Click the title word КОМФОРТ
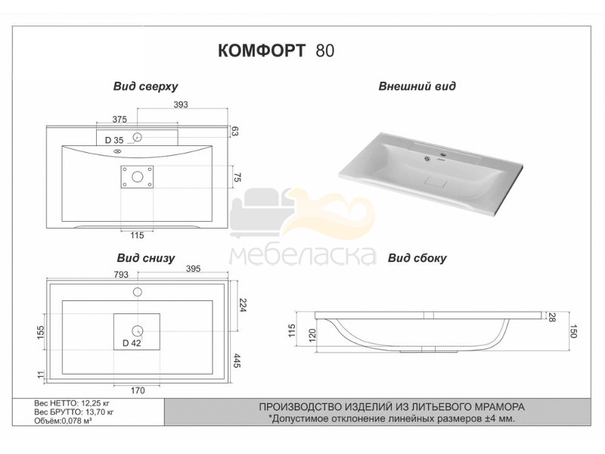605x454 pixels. tap(262, 51)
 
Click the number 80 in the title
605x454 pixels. tap(325, 51)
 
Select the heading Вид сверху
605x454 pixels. tap(145, 86)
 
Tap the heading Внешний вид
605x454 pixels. tap(417, 86)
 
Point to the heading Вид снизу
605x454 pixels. tap(146, 258)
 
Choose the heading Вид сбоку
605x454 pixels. tap(417, 258)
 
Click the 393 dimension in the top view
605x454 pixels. tap(181, 104)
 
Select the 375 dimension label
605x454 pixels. tap(119, 120)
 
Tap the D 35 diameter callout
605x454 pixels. tap(114, 140)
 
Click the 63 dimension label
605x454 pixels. tap(234, 131)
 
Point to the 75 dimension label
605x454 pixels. tap(237, 178)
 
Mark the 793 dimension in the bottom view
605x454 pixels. tap(121, 275)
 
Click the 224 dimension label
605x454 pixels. tap(243, 305)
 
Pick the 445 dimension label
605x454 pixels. tap(237, 361)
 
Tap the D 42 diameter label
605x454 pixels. tap(132, 343)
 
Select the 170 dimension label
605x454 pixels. tap(138, 390)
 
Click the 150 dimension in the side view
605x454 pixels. tap(573, 331)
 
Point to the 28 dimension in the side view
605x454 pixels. tap(552, 317)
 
